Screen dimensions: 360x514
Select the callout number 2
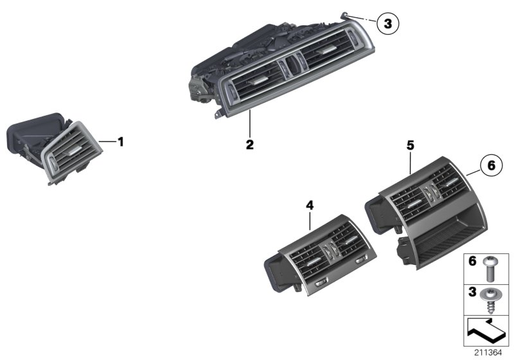(x=249, y=144)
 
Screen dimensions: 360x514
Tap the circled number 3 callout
(x=387, y=24)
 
